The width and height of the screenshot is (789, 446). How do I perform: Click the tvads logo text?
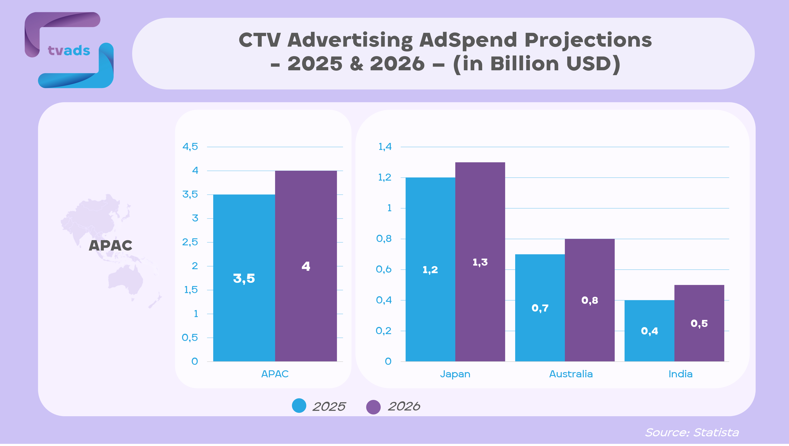click(x=69, y=51)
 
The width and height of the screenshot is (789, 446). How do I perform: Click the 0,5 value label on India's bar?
click(x=699, y=324)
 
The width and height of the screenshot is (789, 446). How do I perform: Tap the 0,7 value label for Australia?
click(x=540, y=308)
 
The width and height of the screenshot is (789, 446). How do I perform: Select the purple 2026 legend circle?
click(x=373, y=407)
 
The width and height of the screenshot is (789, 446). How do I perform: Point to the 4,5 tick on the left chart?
click(x=190, y=147)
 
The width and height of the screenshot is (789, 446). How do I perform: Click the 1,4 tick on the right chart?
click(x=385, y=147)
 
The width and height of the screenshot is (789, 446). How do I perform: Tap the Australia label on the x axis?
click(x=571, y=374)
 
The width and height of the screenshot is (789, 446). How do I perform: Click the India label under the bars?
click(x=680, y=374)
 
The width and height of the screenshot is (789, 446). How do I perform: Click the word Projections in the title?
click(x=588, y=40)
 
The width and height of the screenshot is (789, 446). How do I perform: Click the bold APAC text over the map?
click(x=111, y=245)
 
